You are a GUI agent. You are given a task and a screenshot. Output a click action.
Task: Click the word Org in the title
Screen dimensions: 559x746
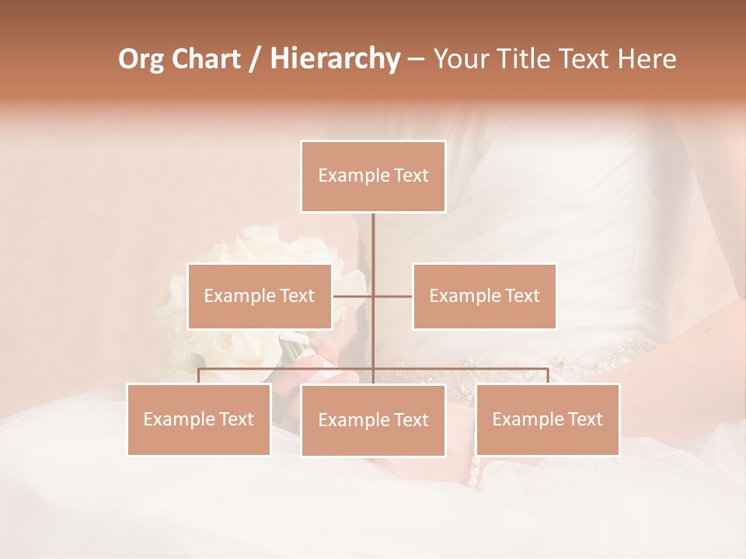(x=142, y=59)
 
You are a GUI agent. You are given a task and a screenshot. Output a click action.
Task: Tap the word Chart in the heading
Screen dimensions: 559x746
(x=207, y=59)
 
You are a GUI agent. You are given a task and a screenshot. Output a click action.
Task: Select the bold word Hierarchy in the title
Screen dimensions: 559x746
(x=335, y=59)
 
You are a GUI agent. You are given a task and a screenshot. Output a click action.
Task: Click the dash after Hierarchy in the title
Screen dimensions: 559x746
(x=416, y=60)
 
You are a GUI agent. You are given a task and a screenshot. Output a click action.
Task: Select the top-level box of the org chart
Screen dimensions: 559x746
(x=373, y=176)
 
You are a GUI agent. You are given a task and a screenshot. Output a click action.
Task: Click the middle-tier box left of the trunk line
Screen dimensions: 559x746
(x=260, y=296)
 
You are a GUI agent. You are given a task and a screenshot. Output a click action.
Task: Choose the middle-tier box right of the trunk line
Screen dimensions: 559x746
(x=484, y=296)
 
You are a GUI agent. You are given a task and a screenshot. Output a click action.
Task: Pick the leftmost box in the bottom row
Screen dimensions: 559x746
(x=199, y=419)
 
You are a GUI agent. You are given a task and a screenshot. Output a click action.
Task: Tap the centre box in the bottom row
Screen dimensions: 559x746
(x=373, y=420)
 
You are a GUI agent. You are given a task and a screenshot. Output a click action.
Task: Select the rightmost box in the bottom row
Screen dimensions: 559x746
(x=547, y=419)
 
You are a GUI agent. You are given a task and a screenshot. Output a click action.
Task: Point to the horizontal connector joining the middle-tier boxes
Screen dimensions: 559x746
(x=392, y=296)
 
